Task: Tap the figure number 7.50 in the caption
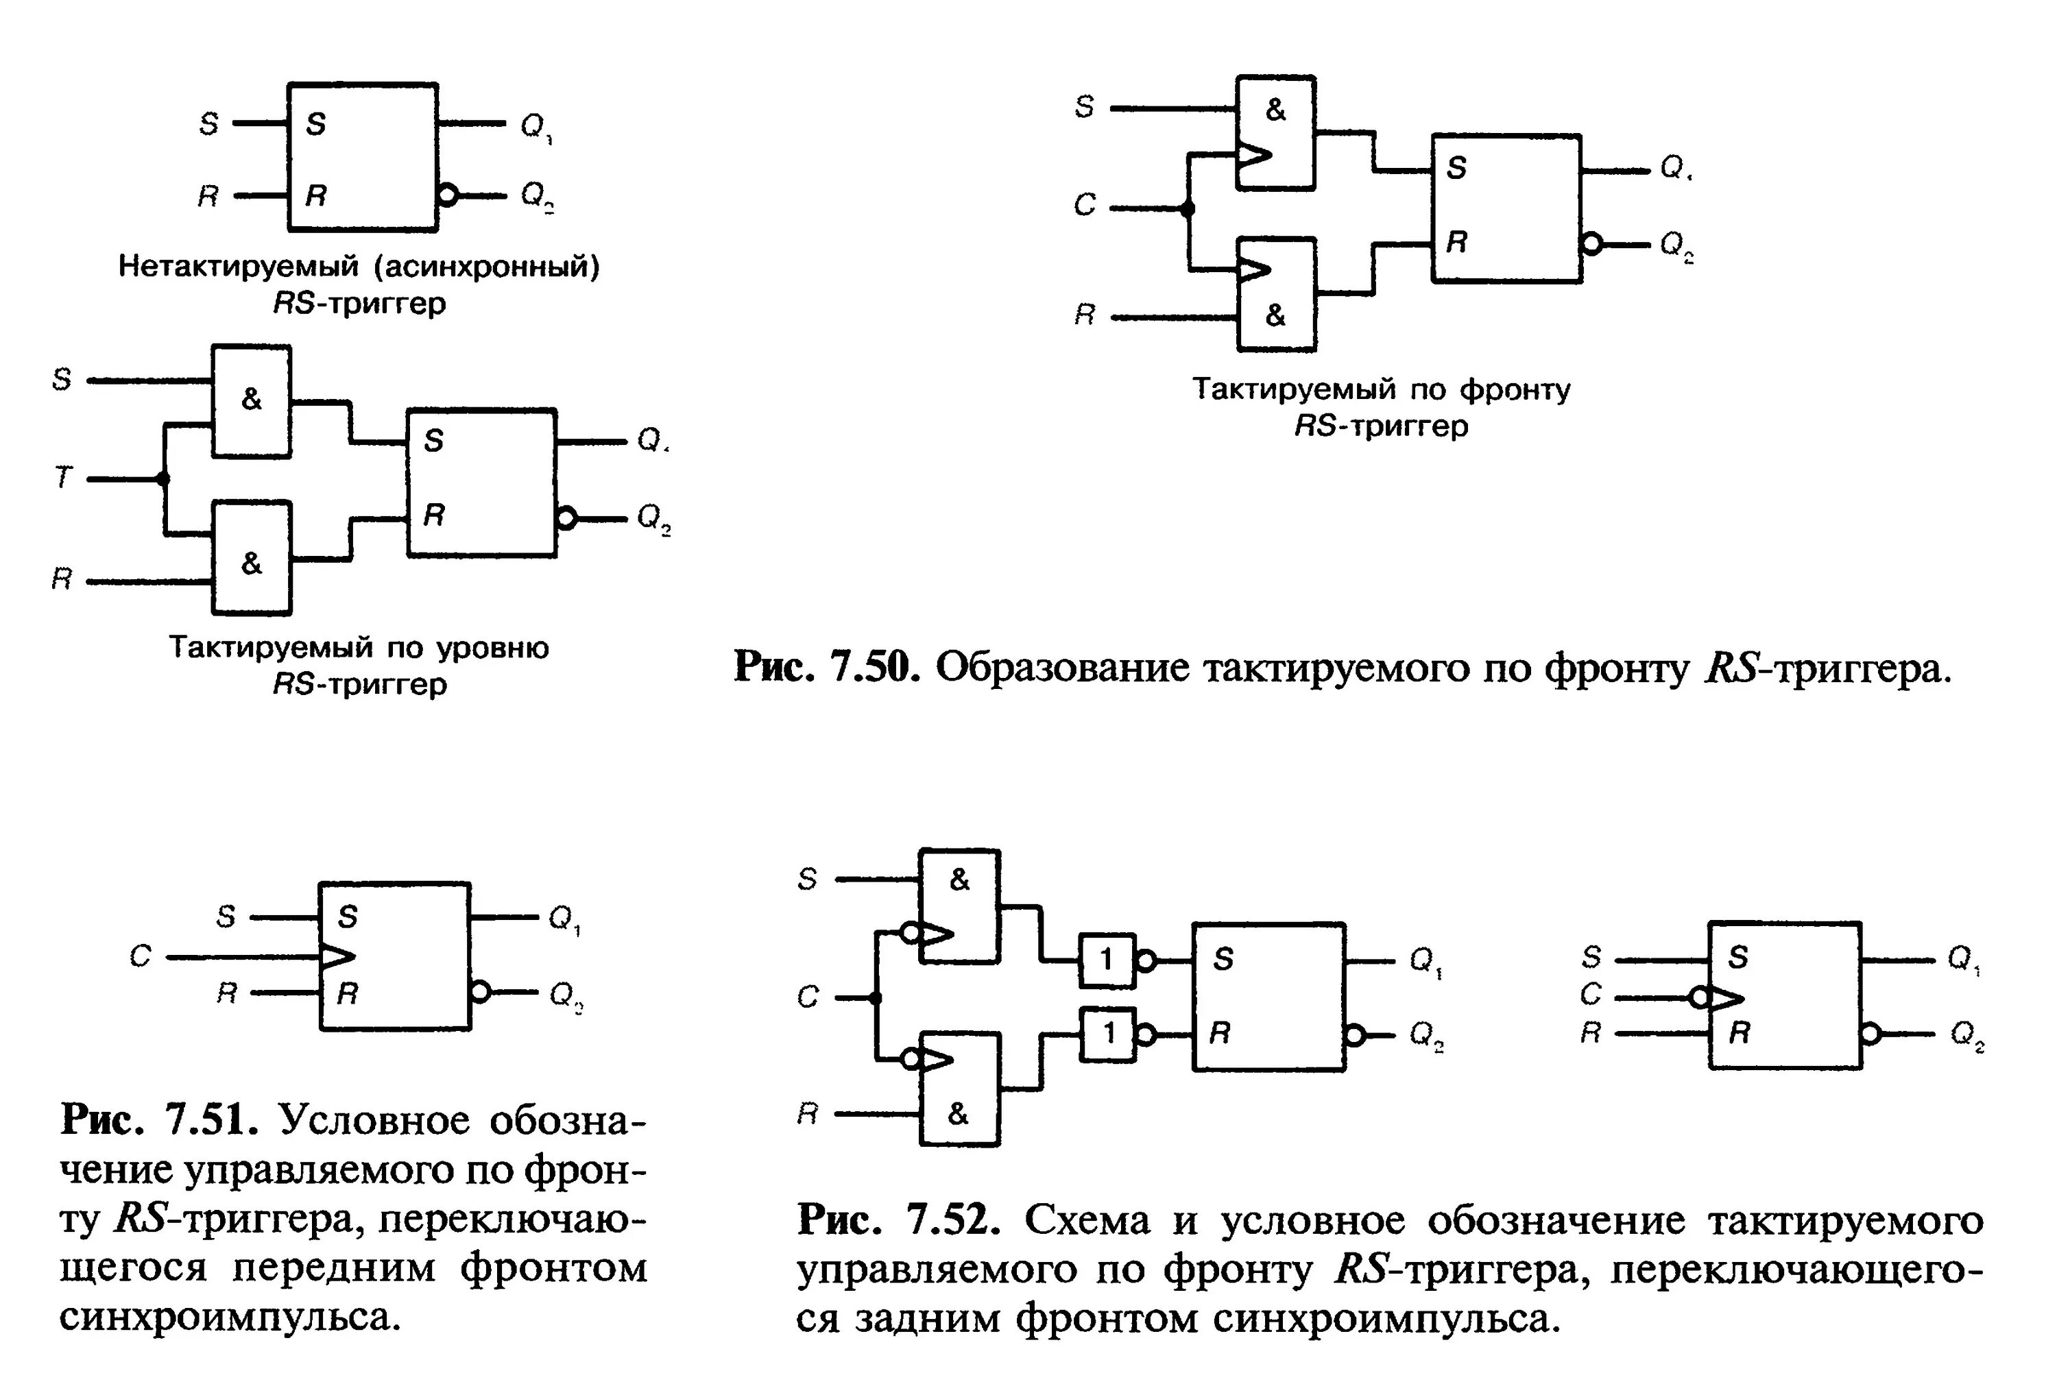click(872, 668)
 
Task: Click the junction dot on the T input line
click(163, 479)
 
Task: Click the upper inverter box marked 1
click(1107, 960)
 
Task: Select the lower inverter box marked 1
click(1107, 1033)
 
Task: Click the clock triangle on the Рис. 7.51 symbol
click(337, 956)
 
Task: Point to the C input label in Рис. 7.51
click(141, 956)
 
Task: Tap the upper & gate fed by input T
click(252, 400)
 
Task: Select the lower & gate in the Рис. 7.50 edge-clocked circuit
click(1275, 295)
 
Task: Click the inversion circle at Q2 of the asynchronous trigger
click(448, 195)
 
